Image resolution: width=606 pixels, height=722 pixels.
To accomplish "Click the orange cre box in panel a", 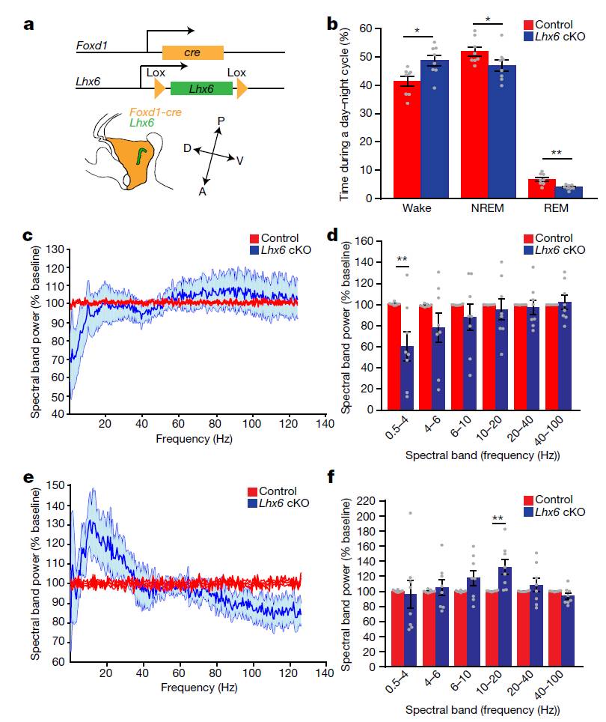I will tap(193, 52).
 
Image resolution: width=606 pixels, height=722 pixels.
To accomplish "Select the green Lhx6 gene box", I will tap(201, 88).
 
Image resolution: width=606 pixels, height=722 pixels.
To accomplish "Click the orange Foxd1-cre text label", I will tap(156, 112).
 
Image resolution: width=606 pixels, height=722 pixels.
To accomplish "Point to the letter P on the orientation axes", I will tap(221, 121).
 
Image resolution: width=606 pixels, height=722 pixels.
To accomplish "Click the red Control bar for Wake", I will tap(407, 139).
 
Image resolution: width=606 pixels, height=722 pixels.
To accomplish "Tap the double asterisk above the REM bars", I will tap(556, 154).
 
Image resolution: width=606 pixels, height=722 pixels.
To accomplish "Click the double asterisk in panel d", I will tap(403, 260).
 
